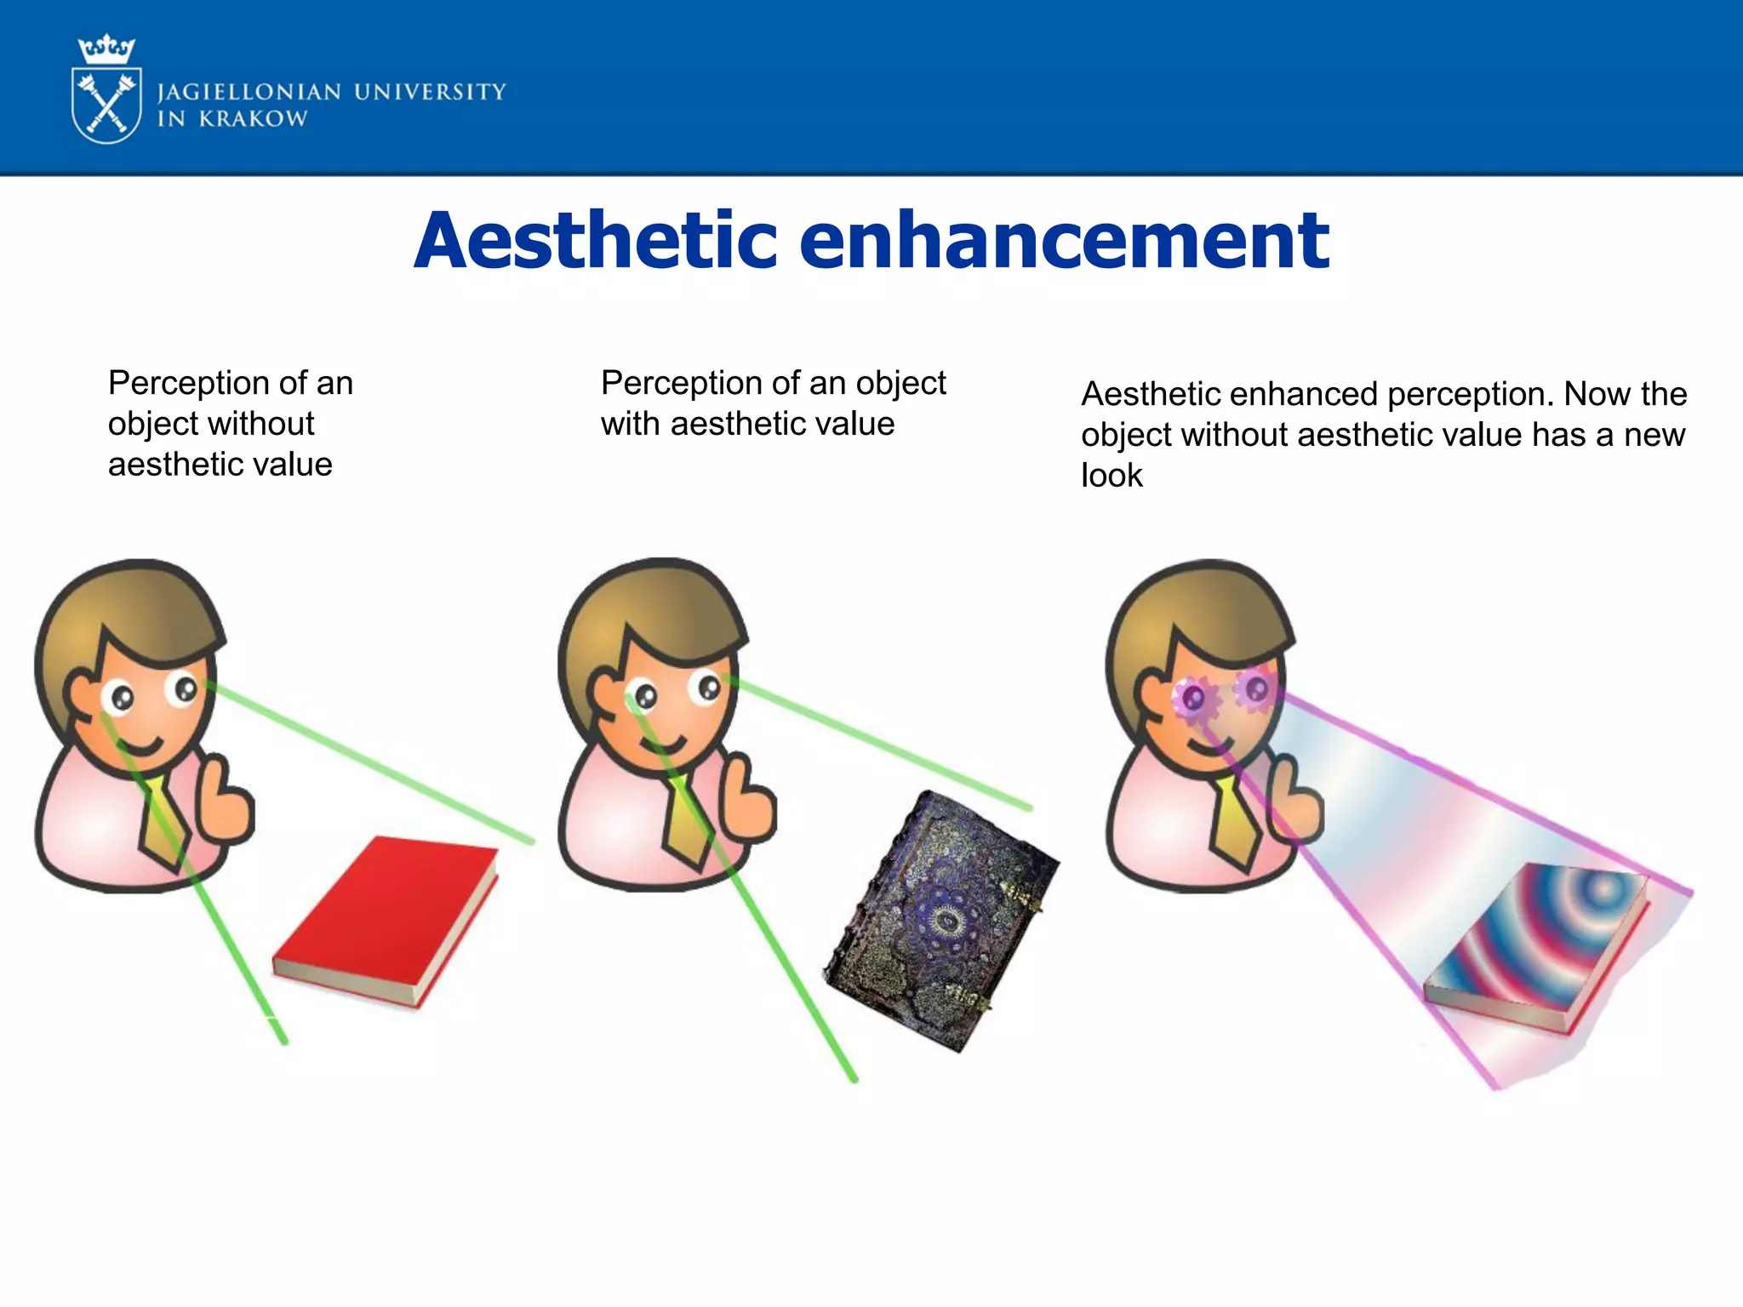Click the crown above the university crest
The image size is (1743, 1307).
106,50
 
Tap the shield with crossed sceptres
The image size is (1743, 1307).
106,105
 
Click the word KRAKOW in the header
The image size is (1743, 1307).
253,119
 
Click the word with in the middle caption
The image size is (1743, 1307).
631,424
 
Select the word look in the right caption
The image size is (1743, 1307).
1112,476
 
